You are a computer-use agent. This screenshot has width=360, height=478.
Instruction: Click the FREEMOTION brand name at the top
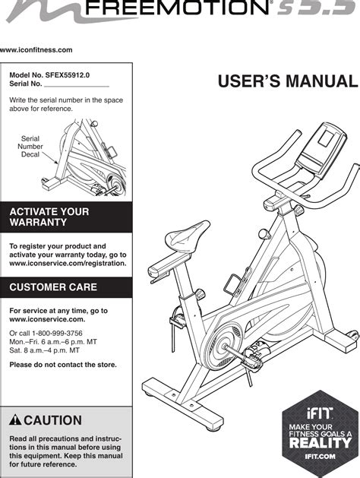point(177,8)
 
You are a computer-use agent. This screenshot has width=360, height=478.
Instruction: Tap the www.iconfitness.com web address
point(36,50)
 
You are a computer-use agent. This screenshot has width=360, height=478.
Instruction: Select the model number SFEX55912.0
point(68,75)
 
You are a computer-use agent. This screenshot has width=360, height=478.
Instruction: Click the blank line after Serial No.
point(77,87)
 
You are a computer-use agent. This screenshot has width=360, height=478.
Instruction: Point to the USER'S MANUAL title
point(288,81)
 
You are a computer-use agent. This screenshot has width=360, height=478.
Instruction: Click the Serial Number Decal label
point(30,147)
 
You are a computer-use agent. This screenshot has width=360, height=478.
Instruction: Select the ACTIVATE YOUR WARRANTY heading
point(49,217)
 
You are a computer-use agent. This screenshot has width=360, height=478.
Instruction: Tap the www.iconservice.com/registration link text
point(68,263)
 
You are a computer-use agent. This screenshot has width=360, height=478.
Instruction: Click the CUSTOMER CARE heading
point(53,286)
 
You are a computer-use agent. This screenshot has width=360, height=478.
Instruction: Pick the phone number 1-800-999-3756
point(57,333)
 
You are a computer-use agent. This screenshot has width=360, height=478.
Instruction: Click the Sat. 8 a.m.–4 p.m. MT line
point(45,350)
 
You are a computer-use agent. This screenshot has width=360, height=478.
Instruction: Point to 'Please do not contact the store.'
point(63,365)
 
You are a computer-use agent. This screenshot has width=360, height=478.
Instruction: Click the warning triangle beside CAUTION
point(15,420)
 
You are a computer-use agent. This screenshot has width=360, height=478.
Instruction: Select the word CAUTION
point(52,420)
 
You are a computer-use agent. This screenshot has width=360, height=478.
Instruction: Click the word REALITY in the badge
point(320,443)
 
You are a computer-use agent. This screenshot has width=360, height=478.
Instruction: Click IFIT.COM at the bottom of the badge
point(320,457)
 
